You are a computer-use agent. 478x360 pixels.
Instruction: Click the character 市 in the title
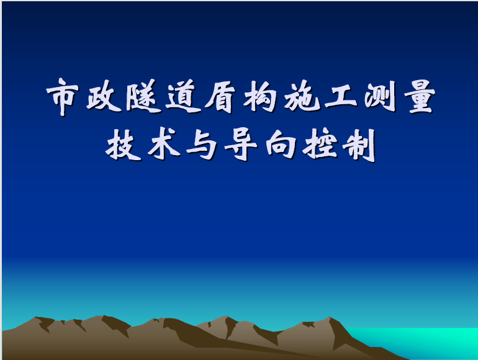click(x=63, y=97)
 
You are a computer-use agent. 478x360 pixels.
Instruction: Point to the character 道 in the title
click(x=183, y=96)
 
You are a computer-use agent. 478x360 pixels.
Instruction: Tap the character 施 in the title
click(x=302, y=96)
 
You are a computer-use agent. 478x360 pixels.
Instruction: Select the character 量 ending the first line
click(x=420, y=96)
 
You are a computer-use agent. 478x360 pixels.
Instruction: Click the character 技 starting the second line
click(x=123, y=144)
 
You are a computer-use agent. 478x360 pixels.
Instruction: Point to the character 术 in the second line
click(x=163, y=143)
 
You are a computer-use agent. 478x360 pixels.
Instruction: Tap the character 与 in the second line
click(x=202, y=145)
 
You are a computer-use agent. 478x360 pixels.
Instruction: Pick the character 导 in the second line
click(x=241, y=145)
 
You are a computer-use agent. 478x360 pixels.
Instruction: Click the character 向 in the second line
click(x=281, y=144)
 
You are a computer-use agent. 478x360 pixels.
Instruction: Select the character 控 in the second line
click(x=320, y=144)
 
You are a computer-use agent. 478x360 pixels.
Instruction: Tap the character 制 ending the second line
click(x=359, y=145)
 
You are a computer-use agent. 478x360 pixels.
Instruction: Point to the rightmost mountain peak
click(x=330, y=317)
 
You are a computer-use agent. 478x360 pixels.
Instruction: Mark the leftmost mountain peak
click(x=36, y=317)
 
